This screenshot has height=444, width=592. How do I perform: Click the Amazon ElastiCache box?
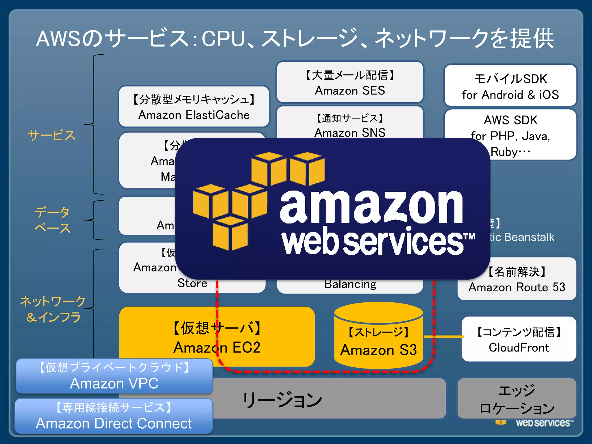point(194,106)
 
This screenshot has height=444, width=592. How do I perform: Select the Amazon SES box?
point(350,82)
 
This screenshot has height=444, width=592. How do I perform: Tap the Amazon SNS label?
point(350,133)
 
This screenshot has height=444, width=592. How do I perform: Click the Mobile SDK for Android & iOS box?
point(510,86)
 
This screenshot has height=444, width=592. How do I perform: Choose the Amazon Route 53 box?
point(517,279)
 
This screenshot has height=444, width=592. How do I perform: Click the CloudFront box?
point(519,339)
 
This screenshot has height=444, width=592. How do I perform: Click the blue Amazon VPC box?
point(114,376)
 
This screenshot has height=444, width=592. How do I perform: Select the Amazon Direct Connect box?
point(114,416)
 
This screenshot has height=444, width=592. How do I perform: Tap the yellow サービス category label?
point(51,135)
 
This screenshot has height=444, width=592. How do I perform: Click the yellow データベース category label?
point(52,220)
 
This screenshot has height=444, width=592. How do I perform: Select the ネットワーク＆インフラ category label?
point(53,309)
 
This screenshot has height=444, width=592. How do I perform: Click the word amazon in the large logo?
point(371,207)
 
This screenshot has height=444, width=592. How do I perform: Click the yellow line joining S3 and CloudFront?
point(443,336)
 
